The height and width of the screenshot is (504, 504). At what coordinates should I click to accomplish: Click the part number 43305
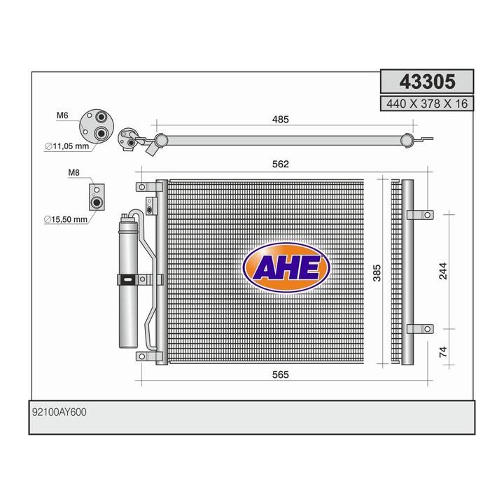pyautogui.click(x=427, y=81)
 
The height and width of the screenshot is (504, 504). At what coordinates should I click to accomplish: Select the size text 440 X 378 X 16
pyautogui.click(x=427, y=104)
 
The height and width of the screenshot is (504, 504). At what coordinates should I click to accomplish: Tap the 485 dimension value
pyautogui.click(x=280, y=120)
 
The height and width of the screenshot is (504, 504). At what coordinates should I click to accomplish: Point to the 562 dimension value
pyautogui.click(x=280, y=164)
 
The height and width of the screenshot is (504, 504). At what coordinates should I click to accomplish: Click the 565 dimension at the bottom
pyautogui.click(x=280, y=374)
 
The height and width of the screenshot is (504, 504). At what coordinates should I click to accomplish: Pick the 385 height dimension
pyautogui.click(x=377, y=273)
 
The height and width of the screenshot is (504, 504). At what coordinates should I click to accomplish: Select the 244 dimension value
pyautogui.click(x=443, y=271)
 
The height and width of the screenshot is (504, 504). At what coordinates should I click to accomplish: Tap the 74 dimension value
pyautogui.click(x=443, y=351)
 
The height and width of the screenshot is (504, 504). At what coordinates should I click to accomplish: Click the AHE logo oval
pyautogui.click(x=286, y=267)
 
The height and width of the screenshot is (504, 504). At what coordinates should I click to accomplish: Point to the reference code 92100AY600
pyautogui.click(x=59, y=412)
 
